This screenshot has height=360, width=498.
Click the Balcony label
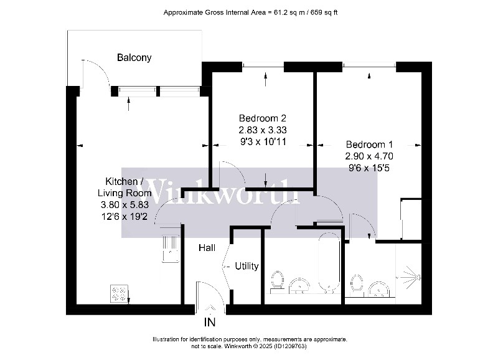pyautogui.click(x=134, y=58)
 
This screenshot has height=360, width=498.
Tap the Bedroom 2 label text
pyautogui.click(x=263, y=118)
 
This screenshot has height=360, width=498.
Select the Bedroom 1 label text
pyautogui.click(x=370, y=143)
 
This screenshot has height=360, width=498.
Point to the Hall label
pyautogui.click(x=207, y=248)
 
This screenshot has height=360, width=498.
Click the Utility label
pyautogui.click(x=247, y=266)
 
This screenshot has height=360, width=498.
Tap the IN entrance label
pyautogui.click(x=210, y=323)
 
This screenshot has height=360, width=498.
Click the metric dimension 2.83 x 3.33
pyautogui.click(x=263, y=130)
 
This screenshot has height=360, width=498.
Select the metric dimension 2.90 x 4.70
pyautogui.click(x=370, y=156)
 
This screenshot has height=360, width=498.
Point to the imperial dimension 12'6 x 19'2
pyautogui.click(x=125, y=217)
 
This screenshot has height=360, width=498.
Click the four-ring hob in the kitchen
pyautogui.click(x=119, y=293)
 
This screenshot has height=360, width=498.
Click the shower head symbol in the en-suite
pyautogui.click(x=411, y=274)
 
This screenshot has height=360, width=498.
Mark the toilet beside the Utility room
pyautogui.click(x=278, y=282)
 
